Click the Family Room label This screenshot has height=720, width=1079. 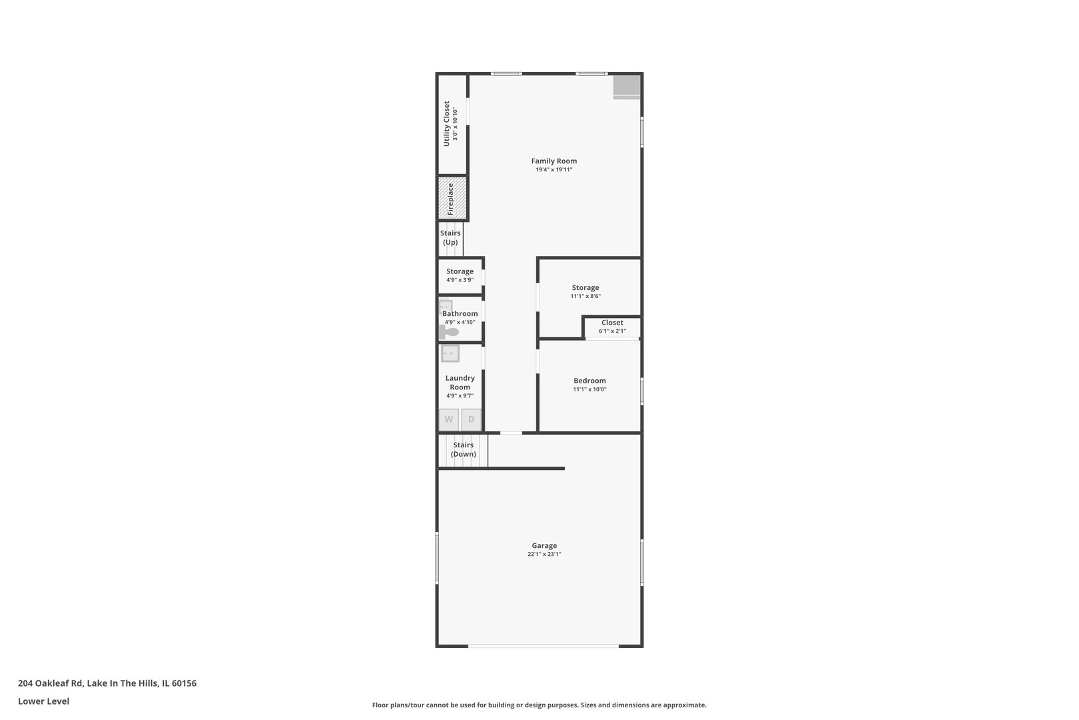[x=553, y=161]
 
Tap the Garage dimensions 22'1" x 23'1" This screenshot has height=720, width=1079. [x=544, y=554]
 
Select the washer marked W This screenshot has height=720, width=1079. [x=449, y=419]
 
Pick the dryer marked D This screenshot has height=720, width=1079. [x=472, y=419]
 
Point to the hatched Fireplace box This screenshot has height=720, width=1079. [x=452, y=198]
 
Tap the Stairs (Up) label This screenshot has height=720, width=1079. [x=450, y=237]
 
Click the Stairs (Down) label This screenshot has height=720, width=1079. [x=463, y=449]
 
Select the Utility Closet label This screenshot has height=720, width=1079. [x=447, y=124]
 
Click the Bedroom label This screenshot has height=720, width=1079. [x=589, y=381]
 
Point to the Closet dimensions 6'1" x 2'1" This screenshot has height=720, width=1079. [x=612, y=331]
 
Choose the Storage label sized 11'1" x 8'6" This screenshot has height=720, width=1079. [x=585, y=287]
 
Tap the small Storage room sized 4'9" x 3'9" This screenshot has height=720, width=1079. [x=460, y=275]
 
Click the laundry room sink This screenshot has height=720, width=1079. [x=450, y=353]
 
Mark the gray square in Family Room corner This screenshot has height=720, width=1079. [x=626, y=87]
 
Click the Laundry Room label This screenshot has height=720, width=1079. [x=460, y=382]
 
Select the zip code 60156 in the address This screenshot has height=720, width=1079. [x=184, y=683]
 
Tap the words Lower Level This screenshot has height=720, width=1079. [x=43, y=701]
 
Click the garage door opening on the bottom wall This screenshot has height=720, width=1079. [x=543, y=645]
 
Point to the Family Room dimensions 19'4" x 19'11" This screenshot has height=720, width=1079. [x=553, y=170]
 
